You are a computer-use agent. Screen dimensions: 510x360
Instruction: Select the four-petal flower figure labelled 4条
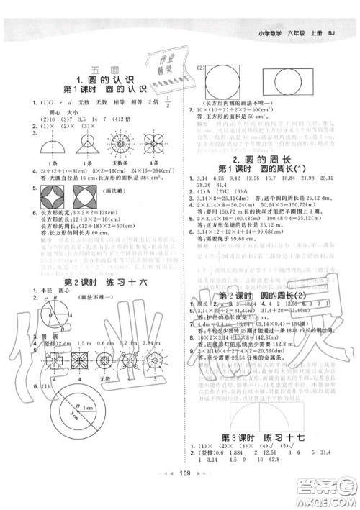pos(155,148)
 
